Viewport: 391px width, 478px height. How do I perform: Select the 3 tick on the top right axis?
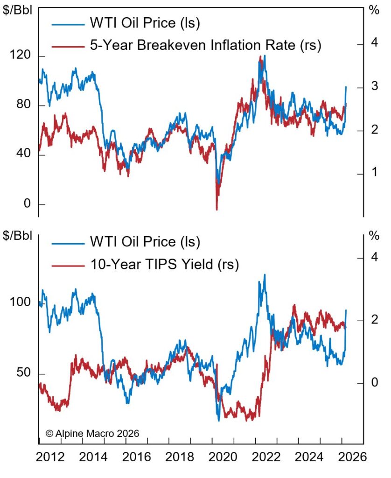(x=374, y=88)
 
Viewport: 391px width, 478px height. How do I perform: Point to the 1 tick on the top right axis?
(x=374, y=174)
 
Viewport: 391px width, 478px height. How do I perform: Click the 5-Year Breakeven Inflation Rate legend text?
(x=205, y=45)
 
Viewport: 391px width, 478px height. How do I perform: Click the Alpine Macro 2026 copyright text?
(x=92, y=433)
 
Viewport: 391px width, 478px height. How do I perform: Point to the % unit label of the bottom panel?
(x=374, y=235)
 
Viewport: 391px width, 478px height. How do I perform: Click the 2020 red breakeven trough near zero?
(x=216, y=209)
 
